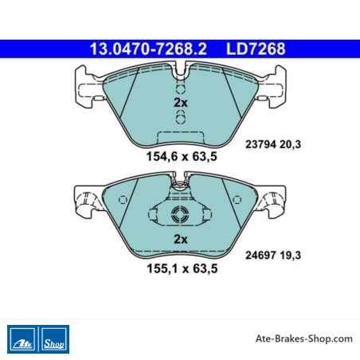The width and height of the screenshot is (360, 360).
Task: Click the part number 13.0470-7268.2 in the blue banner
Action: coord(148,49)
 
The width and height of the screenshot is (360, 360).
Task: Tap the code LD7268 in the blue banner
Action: coord(256,49)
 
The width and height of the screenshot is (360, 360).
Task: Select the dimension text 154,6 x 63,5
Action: coord(182,156)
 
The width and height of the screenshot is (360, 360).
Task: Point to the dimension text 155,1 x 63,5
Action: coord(182,268)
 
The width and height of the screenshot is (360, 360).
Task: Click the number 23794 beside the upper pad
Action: coord(260,144)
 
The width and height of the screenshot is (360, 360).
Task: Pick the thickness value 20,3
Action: coord(291,145)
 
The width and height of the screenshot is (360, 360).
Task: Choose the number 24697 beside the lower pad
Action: coord(260,255)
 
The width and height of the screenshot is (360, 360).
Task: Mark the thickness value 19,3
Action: coord(291,256)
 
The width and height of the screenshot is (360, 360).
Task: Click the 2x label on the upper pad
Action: coord(181,103)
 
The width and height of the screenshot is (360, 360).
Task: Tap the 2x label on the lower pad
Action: coord(181,240)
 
